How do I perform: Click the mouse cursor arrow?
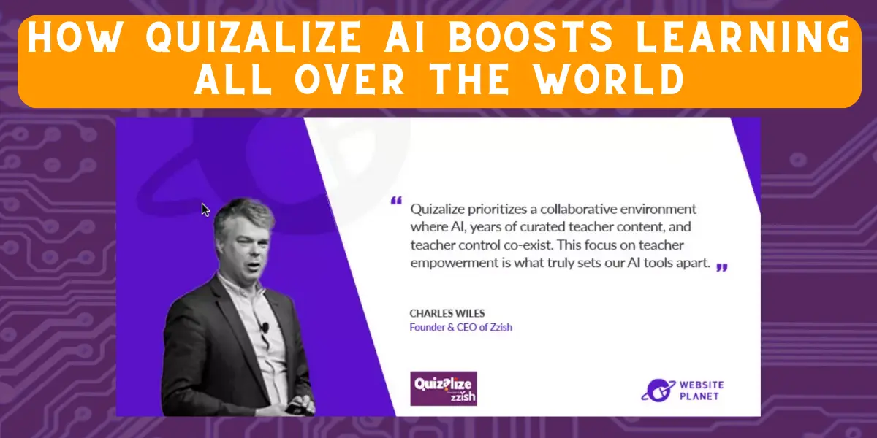point(205,210)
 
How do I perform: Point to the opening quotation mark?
point(396,200)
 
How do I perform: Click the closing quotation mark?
point(721,267)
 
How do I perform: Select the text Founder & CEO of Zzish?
point(460,327)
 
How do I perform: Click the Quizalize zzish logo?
point(444,388)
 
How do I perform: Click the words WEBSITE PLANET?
point(699,389)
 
